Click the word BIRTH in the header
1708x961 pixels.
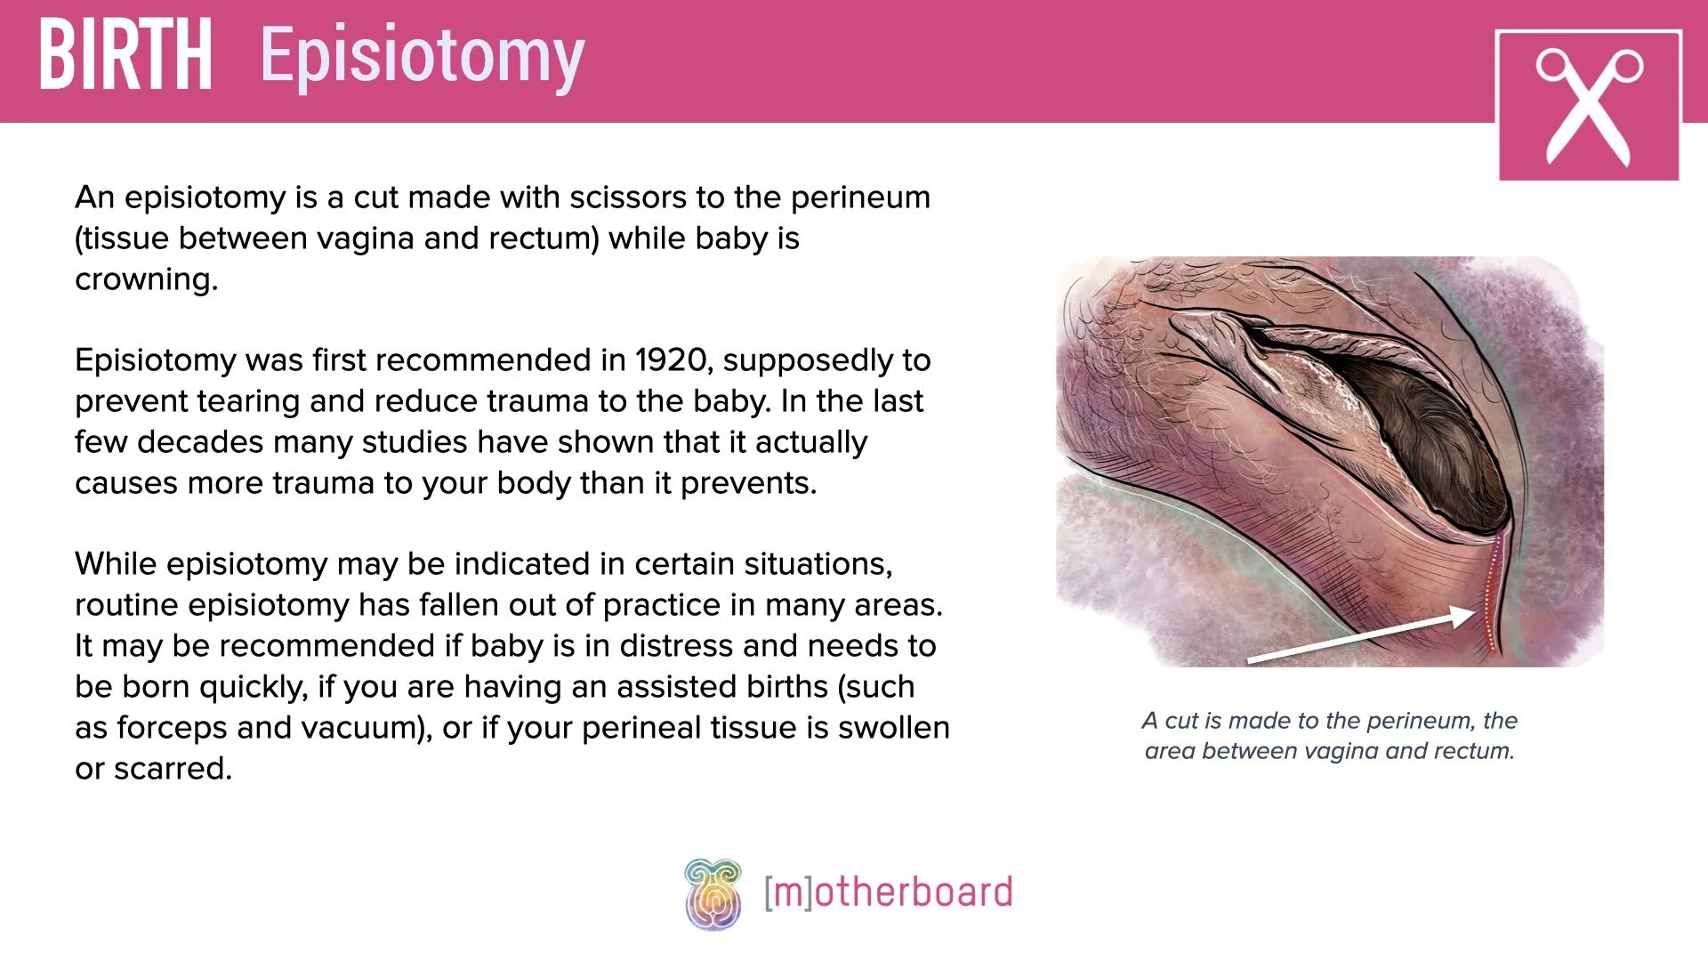(x=125, y=55)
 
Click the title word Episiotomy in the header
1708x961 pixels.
(x=423, y=57)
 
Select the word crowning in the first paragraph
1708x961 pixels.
(x=146, y=279)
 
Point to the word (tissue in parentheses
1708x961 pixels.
(x=122, y=238)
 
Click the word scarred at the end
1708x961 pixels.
(x=172, y=769)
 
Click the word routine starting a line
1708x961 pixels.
(x=127, y=605)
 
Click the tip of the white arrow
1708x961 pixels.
(x=1472, y=612)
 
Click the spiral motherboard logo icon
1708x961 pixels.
(x=713, y=893)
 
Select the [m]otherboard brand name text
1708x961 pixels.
(x=888, y=892)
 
